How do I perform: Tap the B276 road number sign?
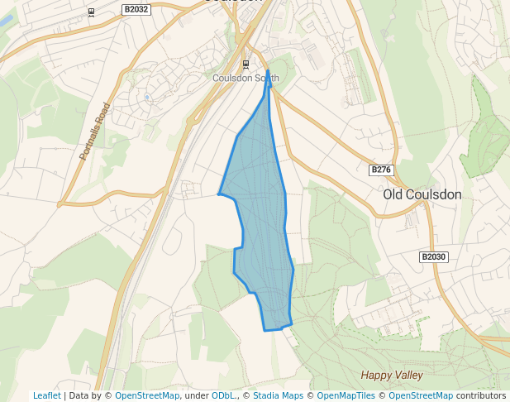click(x=380, y=170)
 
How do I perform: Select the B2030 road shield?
click(x=433, y=257)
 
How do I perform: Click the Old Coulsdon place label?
click(x=422, y=194)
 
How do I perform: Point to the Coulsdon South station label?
click(x=245, y=79)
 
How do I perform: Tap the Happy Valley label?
click(x=392, y=376)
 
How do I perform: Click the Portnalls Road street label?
click(x=94, y=131)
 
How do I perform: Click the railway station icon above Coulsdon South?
click(x=245, y=64)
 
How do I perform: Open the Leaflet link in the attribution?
click(x=46, y=396)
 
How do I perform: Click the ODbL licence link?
click(x=223, y=396)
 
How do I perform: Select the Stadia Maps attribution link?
click(x=278, y=396)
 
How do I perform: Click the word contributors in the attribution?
click(x=480, y=396)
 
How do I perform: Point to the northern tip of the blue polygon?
click(x=268, y=71)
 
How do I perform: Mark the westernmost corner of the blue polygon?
click(x=218, y=194)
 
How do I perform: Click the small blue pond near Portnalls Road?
click(x=147, y=97)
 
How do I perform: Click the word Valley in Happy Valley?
click(x=408, y=376)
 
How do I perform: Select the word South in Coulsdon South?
click(x=266, y=79)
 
